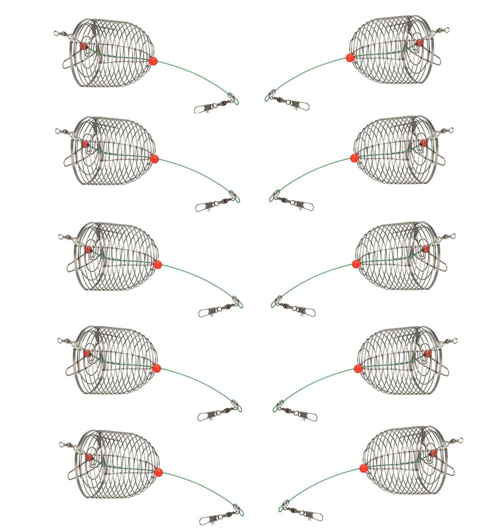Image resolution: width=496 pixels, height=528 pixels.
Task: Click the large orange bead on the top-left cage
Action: (153, 61)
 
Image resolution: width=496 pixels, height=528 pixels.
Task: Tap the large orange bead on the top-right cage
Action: (350, 58)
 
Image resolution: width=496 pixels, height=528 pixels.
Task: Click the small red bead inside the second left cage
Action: (84, 144)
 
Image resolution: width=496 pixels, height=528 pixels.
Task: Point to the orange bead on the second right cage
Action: (354, 158)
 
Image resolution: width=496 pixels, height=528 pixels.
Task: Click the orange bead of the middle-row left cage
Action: (158, 264)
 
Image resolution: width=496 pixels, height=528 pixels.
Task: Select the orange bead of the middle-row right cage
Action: (356, 263)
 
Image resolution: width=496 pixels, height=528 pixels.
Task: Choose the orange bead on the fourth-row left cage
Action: (156, 368)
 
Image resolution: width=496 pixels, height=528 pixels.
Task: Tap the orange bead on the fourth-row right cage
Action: (357, 368)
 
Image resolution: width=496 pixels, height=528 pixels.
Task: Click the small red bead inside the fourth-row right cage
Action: (428, 354)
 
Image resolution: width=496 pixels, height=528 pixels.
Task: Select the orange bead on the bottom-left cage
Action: (158, 472)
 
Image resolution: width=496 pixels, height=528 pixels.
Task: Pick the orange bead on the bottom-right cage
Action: (363, 468)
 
